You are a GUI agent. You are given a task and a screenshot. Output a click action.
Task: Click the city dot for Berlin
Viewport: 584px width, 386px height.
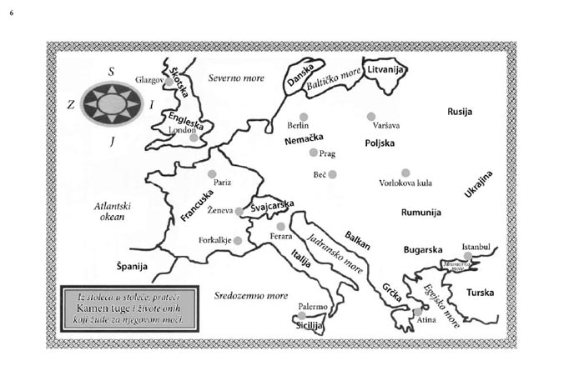pyautogui.click(x=304, y=117)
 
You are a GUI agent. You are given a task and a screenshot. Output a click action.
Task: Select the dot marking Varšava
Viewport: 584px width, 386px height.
pyautogui.click(x=371, y=117)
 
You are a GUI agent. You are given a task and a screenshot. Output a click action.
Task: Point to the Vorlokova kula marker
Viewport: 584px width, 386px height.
pyautogui.click(x=405, y=173)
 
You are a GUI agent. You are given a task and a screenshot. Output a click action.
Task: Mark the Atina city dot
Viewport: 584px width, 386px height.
pyautogui.click(x=417, y=312)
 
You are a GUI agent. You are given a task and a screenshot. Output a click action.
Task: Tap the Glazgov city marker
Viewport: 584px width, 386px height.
pyautogui.click(x=169, y=83)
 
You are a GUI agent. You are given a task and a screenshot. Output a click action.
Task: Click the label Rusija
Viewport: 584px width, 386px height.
pyautogui.click(x=461, y=111)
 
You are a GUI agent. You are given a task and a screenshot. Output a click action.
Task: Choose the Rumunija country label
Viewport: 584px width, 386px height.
pyautogui.click(x=420, y=213)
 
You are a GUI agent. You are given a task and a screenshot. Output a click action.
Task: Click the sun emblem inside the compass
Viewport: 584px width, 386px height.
pyautogui.click(x=111, y=103)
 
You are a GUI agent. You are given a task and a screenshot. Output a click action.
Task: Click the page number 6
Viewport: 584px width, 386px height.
pyautogui.click(x=12, y=13)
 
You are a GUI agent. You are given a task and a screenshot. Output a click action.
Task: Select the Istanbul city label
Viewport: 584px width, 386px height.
pyautogui.click(x=480, y=247)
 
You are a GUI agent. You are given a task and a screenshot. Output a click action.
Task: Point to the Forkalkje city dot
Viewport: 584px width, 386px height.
pyautogui.click(x=237, y=240)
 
